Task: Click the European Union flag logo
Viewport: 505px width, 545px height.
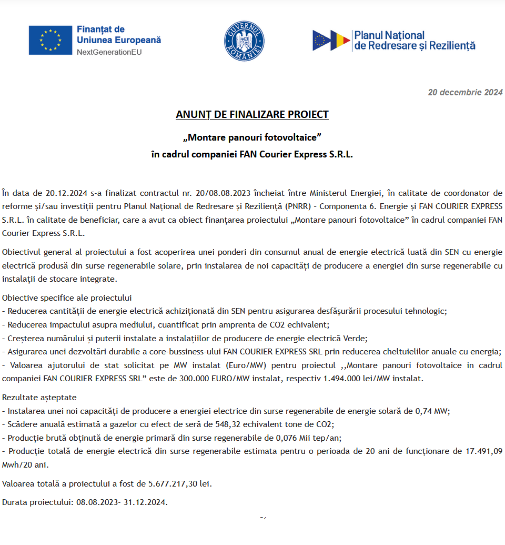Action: point(50,40)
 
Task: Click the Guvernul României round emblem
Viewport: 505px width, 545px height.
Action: point(245,41)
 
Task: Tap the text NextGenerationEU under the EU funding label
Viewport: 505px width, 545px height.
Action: point(109,52)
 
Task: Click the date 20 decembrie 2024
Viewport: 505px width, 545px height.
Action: point(465,93)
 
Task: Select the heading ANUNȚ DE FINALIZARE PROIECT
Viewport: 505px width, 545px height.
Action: point(252,115)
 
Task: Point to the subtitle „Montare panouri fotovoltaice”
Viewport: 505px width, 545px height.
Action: point(252,137)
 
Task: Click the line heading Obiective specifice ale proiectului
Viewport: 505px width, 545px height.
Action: point(67,298)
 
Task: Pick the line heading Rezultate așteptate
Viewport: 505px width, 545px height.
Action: point(39,398)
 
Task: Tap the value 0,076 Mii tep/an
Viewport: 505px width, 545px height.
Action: point(301,438)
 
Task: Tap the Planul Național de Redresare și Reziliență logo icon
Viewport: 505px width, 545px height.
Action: point(331,41)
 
